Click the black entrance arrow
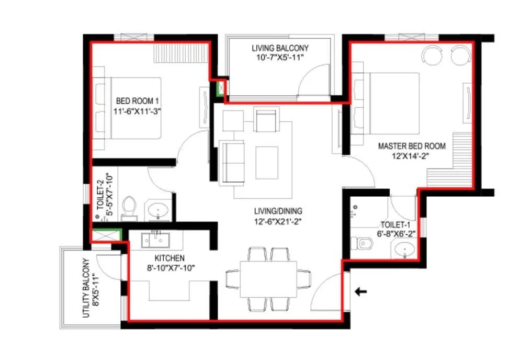360,291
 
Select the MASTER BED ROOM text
412,146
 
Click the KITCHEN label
169,258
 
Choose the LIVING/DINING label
278,211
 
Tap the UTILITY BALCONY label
86,288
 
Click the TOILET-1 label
396,225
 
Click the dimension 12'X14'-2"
412,156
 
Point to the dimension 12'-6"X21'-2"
278,221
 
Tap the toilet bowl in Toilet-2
129,208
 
